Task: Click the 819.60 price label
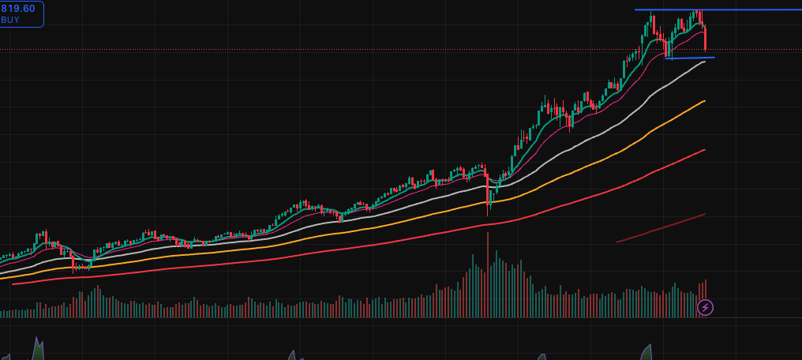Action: tap(17, 8)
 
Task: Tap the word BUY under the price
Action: tap(10, 20)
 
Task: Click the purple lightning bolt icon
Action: tap(706, 307)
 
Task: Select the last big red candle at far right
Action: tap(704, 38)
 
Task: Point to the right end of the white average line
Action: tap(704, 62)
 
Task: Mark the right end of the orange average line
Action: tap(704, 101)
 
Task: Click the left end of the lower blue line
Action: tap(665, 58)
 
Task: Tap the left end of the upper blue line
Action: tap(636, 9)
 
